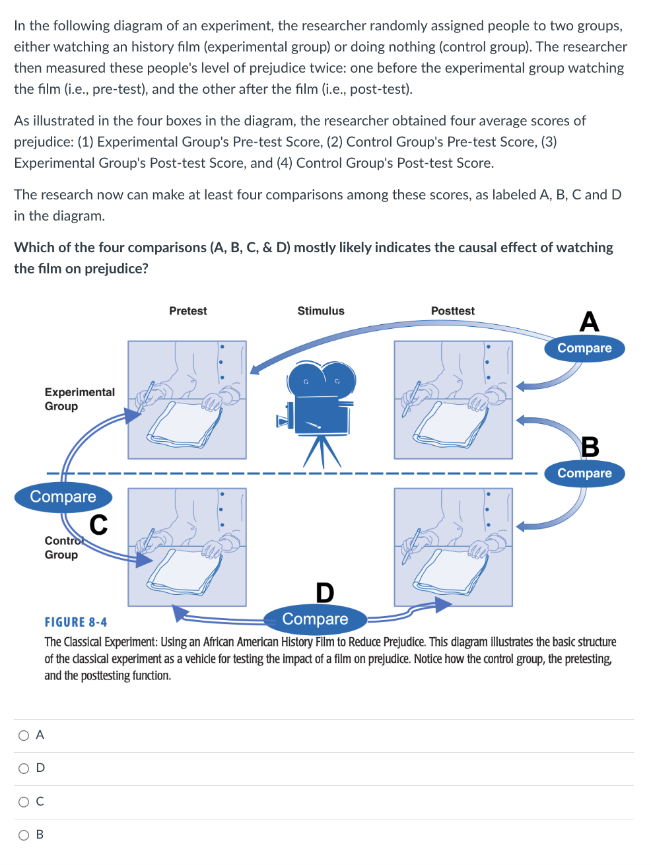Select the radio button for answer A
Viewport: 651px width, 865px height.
tap(24, 736)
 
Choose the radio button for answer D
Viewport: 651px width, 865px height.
tap(24, 769)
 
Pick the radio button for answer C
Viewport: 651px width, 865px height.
tap(24, 802)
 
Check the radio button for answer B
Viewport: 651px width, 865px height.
tap(24, 835)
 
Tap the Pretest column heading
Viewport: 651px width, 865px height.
tap(188, 311)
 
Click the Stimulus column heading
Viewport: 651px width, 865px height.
tap(321, 311)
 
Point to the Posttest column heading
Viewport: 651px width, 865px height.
tap(452, 311)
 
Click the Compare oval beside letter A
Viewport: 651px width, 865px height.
tap(584, 348)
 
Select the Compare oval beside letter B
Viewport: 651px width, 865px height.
tap(584, 473)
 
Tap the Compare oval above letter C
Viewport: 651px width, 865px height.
tap(63, 497)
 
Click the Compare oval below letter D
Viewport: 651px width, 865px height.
tap(315, 619)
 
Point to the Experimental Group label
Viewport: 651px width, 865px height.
tap(79, 399)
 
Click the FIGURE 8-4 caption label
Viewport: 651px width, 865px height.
tap(76, 622)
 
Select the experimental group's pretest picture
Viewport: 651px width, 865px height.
tap(187, 399)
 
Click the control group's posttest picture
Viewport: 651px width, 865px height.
tap(453, 547)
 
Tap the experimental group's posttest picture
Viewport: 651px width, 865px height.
tap(453, 399)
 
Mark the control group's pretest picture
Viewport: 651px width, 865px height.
tap(187, 547)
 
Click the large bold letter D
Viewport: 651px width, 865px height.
tap(325, 592)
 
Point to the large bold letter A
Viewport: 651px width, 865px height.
tap(589, 322)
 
